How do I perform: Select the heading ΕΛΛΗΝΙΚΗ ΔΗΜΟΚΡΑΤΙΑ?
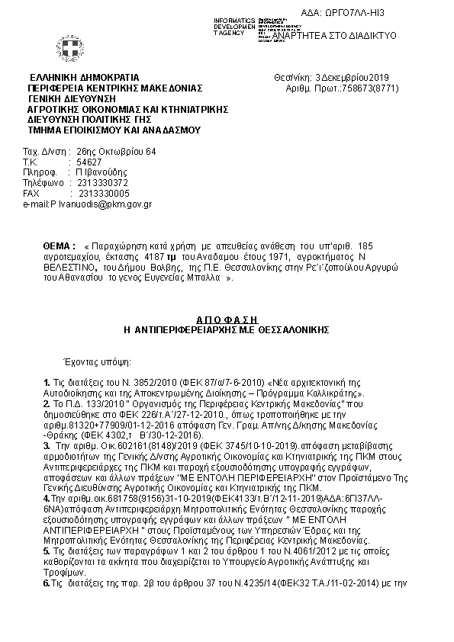click(84, 78)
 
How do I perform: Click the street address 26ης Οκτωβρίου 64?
click(116, 152)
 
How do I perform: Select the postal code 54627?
click(89, 162)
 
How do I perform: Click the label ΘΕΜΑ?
click(59, 247)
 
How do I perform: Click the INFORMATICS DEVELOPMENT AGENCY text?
click(234, 26)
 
